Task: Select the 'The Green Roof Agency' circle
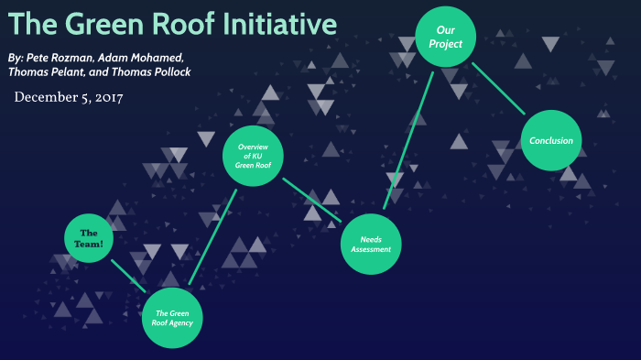[171, 319]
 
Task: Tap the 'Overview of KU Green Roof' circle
[254, 157]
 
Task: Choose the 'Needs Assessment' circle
[372, 244]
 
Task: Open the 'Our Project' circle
[445, 37]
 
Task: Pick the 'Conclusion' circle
[551, 140]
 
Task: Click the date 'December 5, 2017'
[69, 96]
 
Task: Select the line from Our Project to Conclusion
[498, 89]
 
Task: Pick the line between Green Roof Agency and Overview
[212, 236]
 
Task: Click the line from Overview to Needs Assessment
[311, 200]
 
